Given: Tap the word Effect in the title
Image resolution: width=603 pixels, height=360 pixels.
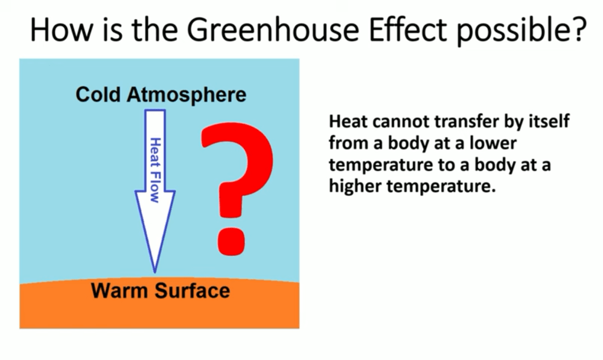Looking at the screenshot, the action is (x=407, y=29).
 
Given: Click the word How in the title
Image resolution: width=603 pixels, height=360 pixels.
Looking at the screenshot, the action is (x=61, y=29).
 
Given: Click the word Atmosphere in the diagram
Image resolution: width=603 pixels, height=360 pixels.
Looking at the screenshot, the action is (x=187, y=95).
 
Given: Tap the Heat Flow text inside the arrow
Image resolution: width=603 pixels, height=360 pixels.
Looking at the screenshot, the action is (x=155, y=170).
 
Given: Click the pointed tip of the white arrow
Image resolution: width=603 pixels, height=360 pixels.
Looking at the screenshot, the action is (x=155, y=272).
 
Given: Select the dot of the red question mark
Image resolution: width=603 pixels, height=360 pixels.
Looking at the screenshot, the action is (x=232, y=241).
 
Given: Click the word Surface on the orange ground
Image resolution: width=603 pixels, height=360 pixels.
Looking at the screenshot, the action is (x=193, y=291).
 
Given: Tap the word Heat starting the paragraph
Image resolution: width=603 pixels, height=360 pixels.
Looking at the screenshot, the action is (x=348, y=121).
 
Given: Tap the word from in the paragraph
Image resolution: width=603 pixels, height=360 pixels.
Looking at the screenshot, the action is (x=345, y=143).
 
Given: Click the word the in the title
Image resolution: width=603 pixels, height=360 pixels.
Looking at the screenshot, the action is (x=154, y=29).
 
